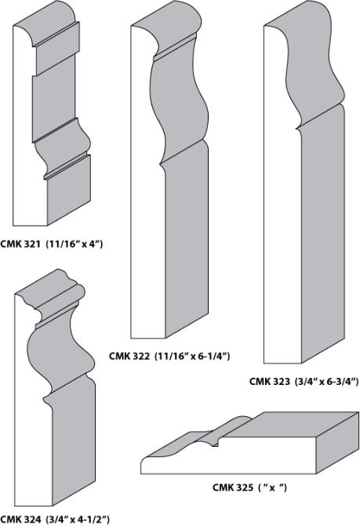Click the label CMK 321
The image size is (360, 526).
pos(20,244)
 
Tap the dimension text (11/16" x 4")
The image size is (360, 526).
pos(74,244)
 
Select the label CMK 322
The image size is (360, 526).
pos(129,356)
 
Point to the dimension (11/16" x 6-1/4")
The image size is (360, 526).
pos(192,356)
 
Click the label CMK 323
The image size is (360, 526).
pos(270,382)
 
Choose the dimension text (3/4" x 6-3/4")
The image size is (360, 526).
pos(327,382)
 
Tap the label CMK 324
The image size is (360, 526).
pos(20,520)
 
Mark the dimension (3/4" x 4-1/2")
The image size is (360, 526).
pos(78,520)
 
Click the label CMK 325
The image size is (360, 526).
pos(233,487)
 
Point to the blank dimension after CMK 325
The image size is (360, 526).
pos(272,487)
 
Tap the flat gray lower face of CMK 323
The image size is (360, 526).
pos(323,235)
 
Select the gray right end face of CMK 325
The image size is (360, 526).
pos(337,443)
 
